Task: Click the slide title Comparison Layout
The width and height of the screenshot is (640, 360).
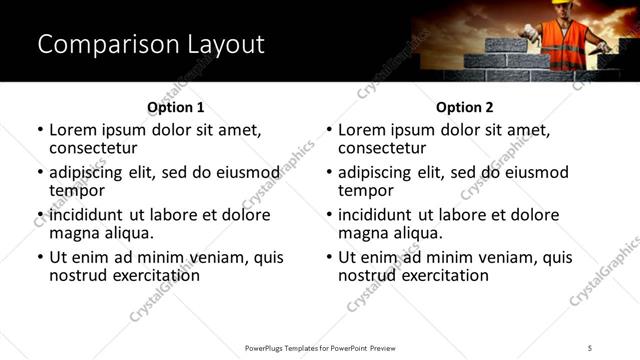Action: point(150,45)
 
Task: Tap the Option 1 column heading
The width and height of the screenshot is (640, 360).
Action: point(176,107)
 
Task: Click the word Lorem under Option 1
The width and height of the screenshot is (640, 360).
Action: point(74,130)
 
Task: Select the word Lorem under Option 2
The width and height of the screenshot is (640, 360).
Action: point(363,130)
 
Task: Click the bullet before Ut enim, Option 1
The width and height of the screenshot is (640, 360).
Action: point(40,257)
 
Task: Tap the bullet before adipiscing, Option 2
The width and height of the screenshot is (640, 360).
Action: point(329,173)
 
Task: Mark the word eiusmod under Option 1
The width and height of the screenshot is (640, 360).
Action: point(244,172)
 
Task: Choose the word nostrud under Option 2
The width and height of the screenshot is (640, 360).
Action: point(367,275)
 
